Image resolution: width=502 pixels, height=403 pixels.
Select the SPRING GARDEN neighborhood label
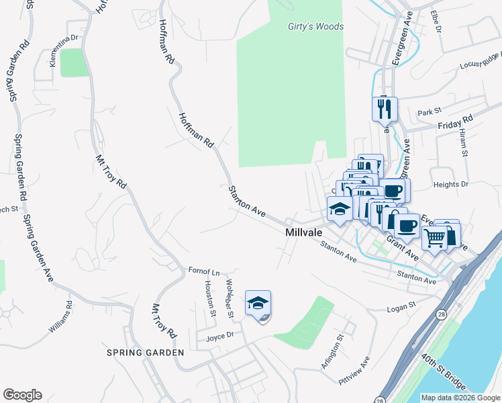(145, 353)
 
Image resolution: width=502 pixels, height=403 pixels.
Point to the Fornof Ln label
(204, 271)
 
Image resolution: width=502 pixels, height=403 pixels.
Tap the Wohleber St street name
(230, 299)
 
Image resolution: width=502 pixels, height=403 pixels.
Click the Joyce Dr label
(219, 334)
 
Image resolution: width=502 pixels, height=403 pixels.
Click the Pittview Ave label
(355, 371)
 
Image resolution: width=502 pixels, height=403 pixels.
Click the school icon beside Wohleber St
(258, 304)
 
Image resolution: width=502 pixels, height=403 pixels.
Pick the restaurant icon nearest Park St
(385, 109)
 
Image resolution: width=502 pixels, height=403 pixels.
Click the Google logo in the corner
(22, 395)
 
